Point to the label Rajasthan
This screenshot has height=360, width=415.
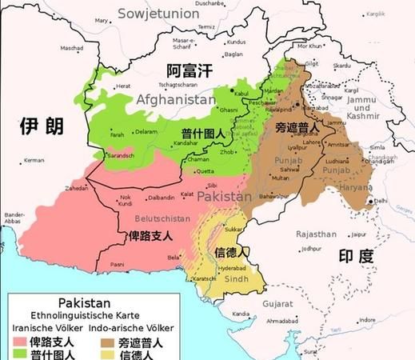click(314, 234)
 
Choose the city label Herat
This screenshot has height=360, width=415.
click(123, 86)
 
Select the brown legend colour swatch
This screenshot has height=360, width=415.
click(107, 342)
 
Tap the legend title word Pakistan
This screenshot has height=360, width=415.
click(83, 302)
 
